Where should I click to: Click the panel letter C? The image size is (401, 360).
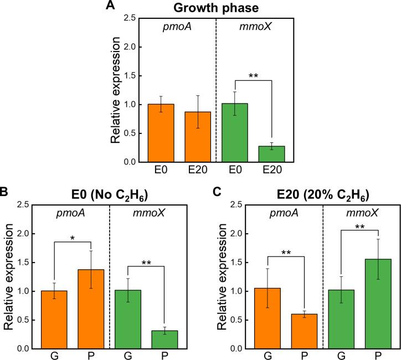coord(218,193)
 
